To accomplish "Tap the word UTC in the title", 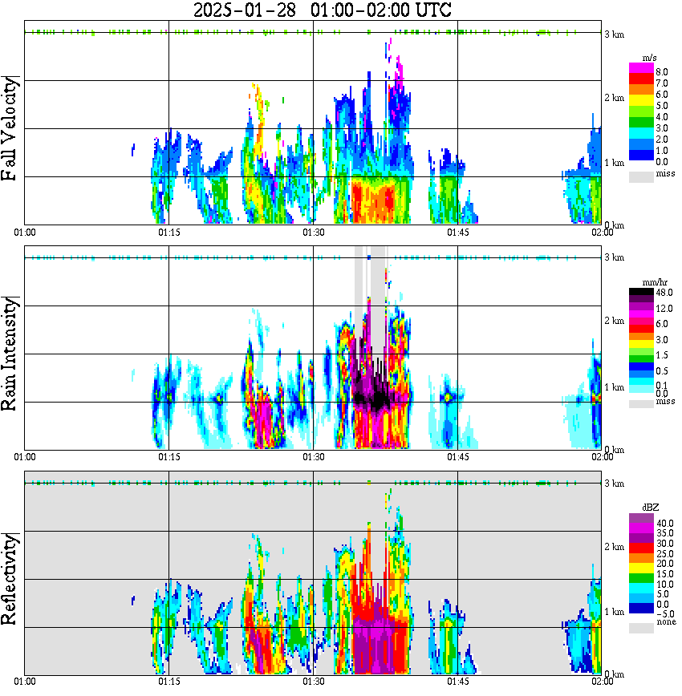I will click(x=429, y=10).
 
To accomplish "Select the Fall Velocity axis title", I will click(x=10, y=129).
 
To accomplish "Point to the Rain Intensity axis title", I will click(x=10, y=353).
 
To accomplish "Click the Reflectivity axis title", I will click(x=10, y=577).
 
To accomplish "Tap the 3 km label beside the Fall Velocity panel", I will click(x=614, y=34).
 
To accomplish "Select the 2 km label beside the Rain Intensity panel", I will click(x=614, y=321).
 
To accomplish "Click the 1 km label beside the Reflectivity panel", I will click(x=614, y=612).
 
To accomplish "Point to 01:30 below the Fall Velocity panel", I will click(x=313, y=233).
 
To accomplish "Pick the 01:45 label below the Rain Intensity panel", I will click(x=457, y=457).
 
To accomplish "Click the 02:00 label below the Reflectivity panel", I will click(x=602, y=682).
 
